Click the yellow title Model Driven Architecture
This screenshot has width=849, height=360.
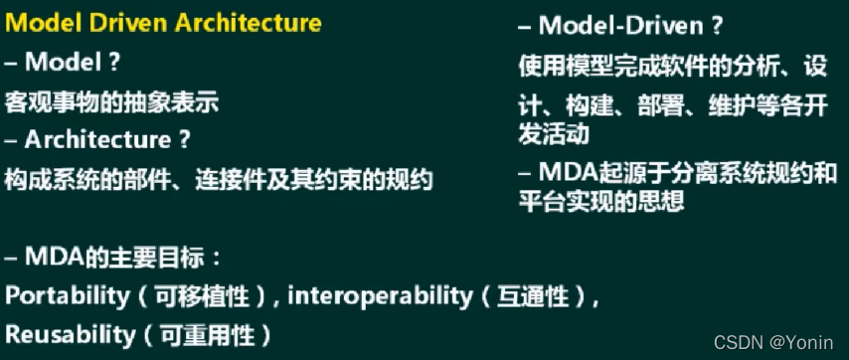pos(163,23)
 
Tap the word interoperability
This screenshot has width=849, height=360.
pos(380,296)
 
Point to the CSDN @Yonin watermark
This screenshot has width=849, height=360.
pos(775,341)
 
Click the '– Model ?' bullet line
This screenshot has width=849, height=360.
pos(63,62)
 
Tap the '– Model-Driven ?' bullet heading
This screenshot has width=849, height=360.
pos(621,26)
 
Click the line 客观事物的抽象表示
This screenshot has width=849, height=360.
pos(111,101)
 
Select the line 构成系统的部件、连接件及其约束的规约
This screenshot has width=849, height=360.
pos(219,180)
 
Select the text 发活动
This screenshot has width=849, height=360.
pos(553,132)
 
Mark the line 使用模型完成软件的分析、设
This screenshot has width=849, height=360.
pos(672,67)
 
